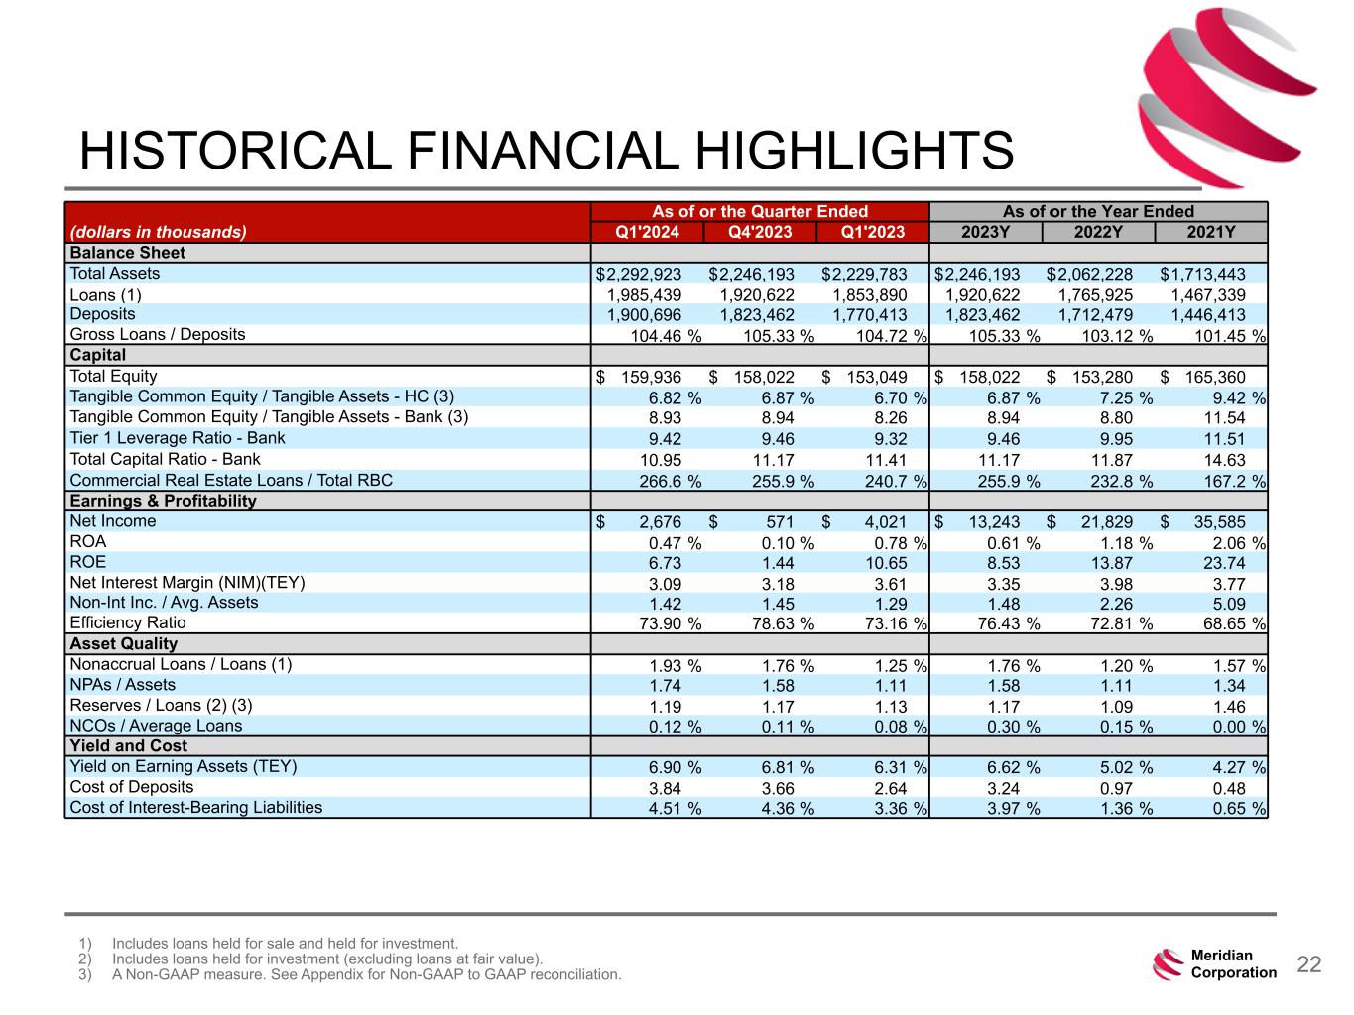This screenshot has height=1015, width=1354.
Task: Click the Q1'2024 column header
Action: pos(647,232)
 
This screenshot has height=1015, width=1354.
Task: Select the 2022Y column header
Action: pos(1098,232)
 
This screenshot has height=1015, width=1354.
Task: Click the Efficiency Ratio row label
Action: pos(128,623)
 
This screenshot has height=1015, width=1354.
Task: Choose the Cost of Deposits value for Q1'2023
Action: pos(890,788)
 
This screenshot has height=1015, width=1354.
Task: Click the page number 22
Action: pos(1309,964)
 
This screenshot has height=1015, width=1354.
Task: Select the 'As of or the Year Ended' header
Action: pos(1098,211)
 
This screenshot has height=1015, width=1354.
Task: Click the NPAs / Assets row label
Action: pos(123,685)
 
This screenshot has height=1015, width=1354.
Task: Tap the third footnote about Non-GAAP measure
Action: pos(367,975)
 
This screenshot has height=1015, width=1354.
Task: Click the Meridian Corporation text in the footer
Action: pos(1233,964)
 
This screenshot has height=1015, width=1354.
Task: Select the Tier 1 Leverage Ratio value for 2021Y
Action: pos(1221,439)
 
